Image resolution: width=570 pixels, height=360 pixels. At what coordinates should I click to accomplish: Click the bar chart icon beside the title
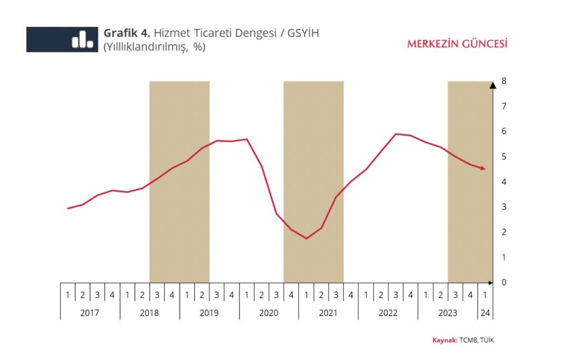coord(82,39)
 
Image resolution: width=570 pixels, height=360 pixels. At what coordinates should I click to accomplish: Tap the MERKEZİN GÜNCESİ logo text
coord(457,44)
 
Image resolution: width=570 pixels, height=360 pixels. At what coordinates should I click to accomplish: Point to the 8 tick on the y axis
coord(504,81)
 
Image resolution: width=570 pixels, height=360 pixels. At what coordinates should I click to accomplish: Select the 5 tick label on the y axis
coord(504,157)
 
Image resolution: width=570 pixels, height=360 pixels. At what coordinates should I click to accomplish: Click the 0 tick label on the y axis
coord(504,283)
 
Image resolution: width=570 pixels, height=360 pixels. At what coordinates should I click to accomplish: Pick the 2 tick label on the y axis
coord(504,232)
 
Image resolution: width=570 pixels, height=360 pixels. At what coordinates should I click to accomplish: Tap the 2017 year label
coord(90,313)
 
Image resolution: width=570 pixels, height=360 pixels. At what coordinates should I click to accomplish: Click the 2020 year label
coord(269,313)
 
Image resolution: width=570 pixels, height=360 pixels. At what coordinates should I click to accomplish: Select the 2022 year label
coord(388,313)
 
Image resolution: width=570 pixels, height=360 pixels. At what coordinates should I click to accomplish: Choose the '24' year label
coord(485,313)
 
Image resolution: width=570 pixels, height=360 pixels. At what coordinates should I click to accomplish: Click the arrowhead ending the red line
coord(483,168)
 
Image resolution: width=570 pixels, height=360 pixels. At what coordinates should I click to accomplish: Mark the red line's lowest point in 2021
coord(306,238)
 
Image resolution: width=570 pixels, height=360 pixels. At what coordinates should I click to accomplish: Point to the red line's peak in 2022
coord(396,134)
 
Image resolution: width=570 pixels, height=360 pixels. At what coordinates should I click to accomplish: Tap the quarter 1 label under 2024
coord(485,295)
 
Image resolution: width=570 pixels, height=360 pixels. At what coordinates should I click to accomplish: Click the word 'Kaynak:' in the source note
coord(445,340)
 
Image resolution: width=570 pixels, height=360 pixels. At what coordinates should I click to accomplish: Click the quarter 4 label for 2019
coord(231,295)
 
